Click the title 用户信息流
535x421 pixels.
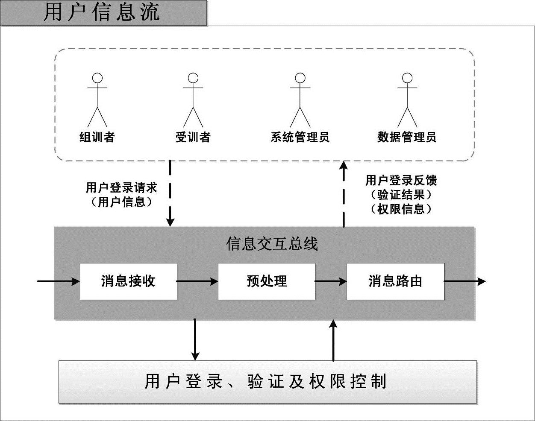click(x=102, y=12)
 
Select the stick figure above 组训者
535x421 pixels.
click(x=97, y=100)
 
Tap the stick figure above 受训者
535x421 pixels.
click(x=193, y=100)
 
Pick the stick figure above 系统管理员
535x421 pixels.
click(x=300, y=100)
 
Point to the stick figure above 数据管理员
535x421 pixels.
click(x=407, y=100)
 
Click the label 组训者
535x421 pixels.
click(x=97, y=137)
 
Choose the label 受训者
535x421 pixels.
click(x=193, y=137)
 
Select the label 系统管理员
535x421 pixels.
click(x=300, y=137)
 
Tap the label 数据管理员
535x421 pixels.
click(x=407, y=137)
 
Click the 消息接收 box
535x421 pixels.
click(x=128, y=281)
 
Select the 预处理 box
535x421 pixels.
click(x=267, y=281)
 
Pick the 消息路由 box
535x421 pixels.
click(x=395, y=281)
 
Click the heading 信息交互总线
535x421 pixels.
click(x=272, y=244)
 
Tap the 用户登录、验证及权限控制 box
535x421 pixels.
click(x=267, y=382)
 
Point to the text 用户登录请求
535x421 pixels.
click(x=122, y=187)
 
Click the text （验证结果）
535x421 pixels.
click(x=401, y=195)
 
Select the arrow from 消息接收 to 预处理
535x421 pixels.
click(x=197, y=281)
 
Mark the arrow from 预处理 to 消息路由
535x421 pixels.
click(x=331, y=281)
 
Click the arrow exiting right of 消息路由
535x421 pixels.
click(x=465, y=281)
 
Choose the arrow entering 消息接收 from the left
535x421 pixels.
click(x=59, y=281)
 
